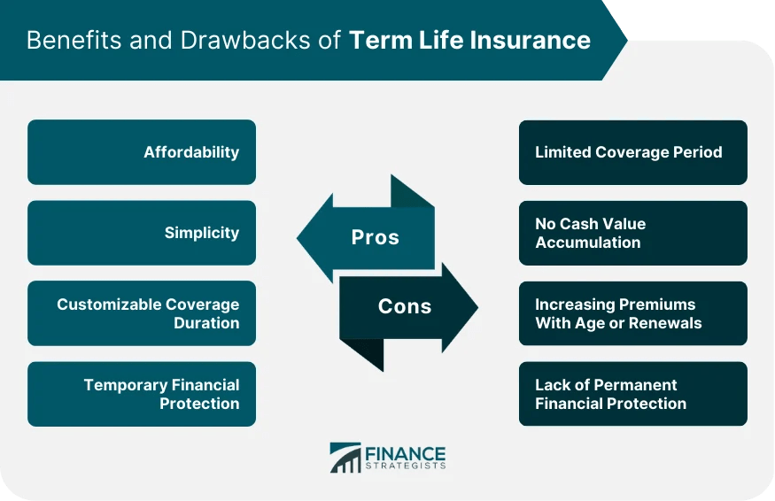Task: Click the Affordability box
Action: (142, 152)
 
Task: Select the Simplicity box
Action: (142, 233)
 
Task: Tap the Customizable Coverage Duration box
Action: (142, 313)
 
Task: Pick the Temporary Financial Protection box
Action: (142, 394)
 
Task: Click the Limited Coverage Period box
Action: (632, 152)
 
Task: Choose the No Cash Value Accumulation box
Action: (632, 233)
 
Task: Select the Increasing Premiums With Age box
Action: (632, 313)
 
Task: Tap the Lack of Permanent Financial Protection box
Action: (632, 394)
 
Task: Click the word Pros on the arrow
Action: (375, 237)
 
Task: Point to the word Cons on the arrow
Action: (405, 306)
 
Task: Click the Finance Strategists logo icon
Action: (345, 458)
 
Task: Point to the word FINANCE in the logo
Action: (406, 452)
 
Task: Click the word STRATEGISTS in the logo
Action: (406, 466)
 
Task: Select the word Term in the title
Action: (374, 40)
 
